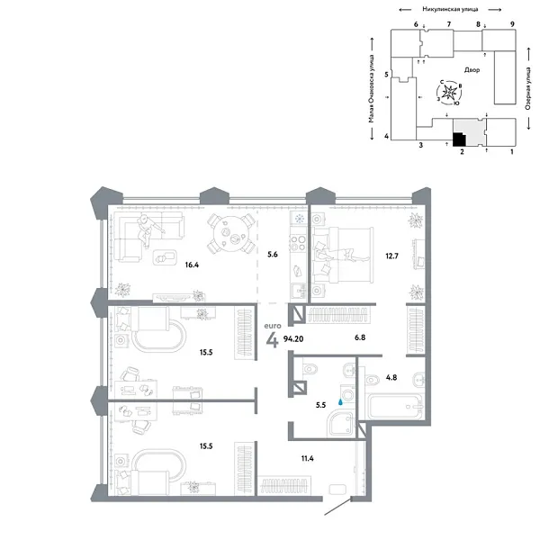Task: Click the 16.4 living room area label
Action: point(192,265)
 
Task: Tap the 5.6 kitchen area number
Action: point(273,255)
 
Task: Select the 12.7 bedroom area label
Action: point(391,256)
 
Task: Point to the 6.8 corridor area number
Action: point(360,337)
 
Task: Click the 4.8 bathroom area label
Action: point(391,377)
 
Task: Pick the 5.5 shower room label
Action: point(320,405)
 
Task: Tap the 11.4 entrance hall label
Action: point(307,458)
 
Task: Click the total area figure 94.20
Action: point(293,339)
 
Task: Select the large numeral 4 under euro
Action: point(273,340)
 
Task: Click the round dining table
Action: point(231,234)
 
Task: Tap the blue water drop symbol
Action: point(340,401)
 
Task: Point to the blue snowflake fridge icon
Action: point(300,219)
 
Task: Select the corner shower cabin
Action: point(340,423)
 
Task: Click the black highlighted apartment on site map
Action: point(458,139)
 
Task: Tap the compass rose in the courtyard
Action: point(449,93)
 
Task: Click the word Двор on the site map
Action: point(472,70)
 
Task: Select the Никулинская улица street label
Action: point(450,9)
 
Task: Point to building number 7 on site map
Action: point(449,24)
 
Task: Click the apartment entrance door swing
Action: point(338,506)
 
